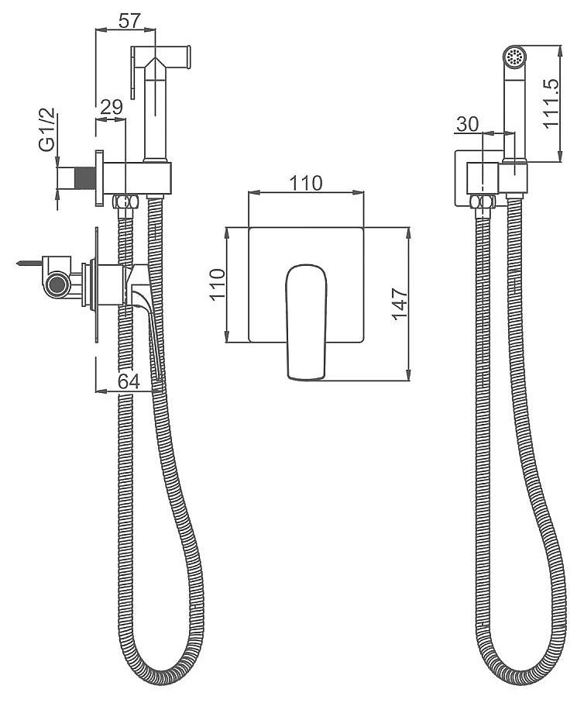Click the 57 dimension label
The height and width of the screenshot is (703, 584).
coord(130,21)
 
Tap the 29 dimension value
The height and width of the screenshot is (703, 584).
coord(112,108)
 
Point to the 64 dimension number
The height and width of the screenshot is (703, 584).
coord(129,381)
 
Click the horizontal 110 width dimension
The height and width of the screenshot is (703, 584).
coord(306,183)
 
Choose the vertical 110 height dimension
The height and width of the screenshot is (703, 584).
coord(217,285)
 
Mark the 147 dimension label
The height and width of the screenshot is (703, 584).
coord(400,305)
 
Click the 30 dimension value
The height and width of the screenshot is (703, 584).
coord(468,124)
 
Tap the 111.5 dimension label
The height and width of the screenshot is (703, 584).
coord(551,104)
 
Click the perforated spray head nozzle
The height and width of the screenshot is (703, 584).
coord(514,57)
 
